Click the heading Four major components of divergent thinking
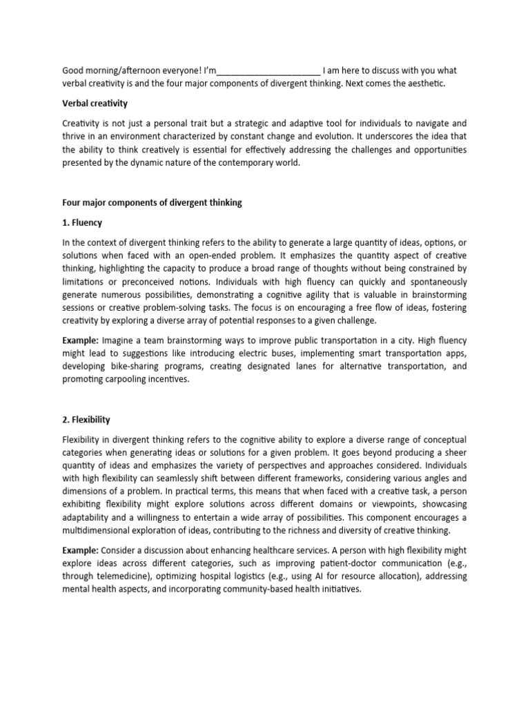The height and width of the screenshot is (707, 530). click(152, 202)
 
